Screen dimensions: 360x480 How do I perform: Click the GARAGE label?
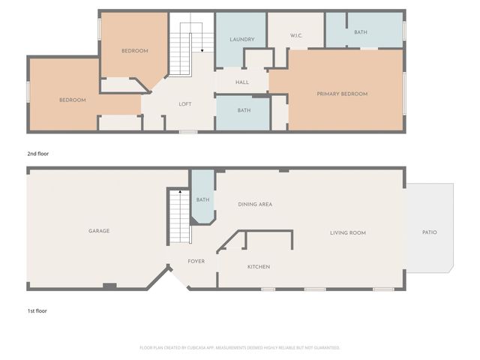click(x=99, y=231)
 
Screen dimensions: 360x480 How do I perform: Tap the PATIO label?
click(x=430, y=232)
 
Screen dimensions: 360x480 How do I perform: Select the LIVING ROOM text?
click(x=348, y=232)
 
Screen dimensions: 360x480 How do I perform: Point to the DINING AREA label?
click(x=255, y=204)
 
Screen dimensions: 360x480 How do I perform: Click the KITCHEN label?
click(x=259, y=267)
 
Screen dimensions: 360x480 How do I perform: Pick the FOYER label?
click(x=196, y=262)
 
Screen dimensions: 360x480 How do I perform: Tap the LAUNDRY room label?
click(x=242, y=40)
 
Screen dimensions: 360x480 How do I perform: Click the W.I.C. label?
click(x=295, y=36)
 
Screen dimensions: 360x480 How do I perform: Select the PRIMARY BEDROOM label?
click(x=342, y=94)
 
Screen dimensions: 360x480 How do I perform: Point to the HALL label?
click(x=242, y=82)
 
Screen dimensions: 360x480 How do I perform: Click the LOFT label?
click(x=185, y=104)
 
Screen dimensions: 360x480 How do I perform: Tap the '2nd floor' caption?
click(x=38, y=154)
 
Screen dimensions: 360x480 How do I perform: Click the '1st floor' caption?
click(x=37, y=310)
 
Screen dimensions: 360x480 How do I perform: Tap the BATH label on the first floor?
click(x=202, y=199)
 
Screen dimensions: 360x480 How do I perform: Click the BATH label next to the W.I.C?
click(x=361, y=32)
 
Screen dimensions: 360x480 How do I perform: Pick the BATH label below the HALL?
click(x=244, y=111)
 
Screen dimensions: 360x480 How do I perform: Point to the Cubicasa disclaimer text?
click(x=240, y=348)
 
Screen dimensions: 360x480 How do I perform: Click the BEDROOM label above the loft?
click(x=135, y=51)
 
